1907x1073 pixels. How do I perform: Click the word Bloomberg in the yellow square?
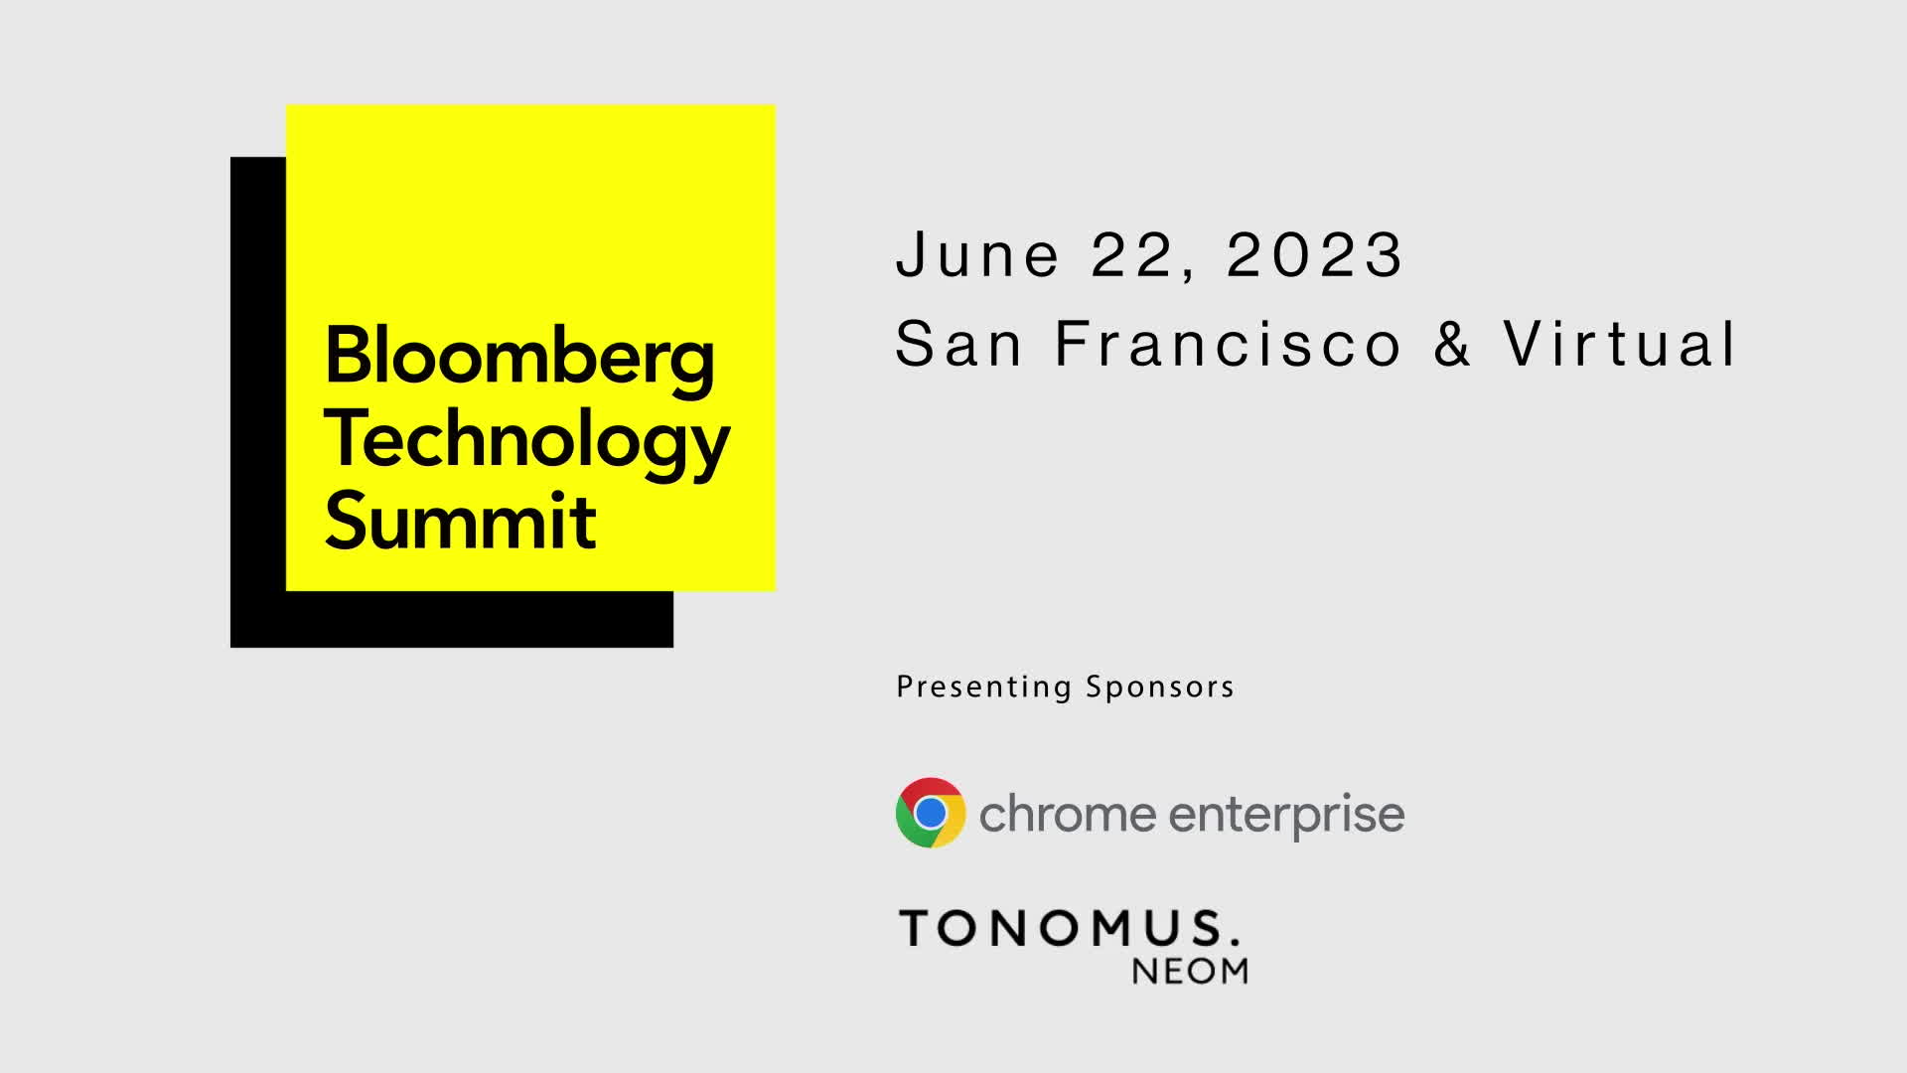[x=518, y=358]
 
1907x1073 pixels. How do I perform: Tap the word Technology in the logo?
[x=526, y=440]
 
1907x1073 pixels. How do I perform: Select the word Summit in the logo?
[x=460, y=522]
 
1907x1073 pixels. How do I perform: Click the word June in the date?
[x=977, y=254]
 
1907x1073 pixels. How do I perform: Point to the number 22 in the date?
[x=1134, y=254]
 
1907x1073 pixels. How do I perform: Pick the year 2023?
[x=1314, y=254]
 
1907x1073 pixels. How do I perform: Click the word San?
[x=958, y=344]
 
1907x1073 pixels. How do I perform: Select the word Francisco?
[x=1229, y=344]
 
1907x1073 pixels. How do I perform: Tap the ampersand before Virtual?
[x=1452, y=344]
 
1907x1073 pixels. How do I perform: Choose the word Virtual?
[x=1620, y=344]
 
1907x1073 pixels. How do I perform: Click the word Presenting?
[x=983, y=688]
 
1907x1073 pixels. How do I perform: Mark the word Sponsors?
[x=1160, y=687]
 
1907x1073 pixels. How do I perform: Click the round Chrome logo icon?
[x=931, y=813]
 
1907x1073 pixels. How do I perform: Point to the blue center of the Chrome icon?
[x=931, y=813]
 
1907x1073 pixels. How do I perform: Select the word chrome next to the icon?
[x=1068, y=815]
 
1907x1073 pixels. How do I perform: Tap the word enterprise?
[x=1286, y=816]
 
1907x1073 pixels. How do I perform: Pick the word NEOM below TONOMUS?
[x=1190, y=971]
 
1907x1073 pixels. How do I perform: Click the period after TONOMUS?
[x=1235, y=940]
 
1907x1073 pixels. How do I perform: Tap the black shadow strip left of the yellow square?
[x=257, y=397]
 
